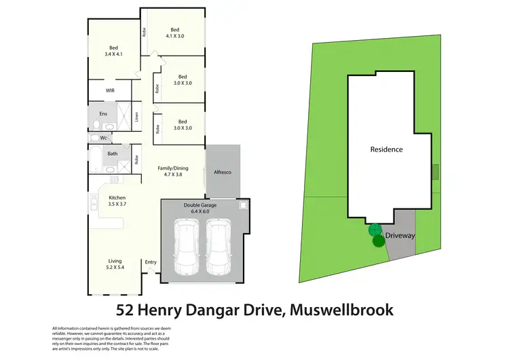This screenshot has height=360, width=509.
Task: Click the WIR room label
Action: click(x=110, y=90)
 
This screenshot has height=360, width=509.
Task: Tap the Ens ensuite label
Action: click(x=103, y=113)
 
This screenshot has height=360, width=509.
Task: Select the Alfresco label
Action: click(x=222, y=173)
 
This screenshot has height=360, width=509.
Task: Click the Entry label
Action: click(x=151, y=262)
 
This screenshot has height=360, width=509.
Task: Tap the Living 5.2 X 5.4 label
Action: click(x=114, y=264)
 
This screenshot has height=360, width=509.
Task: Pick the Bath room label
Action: click(x=112, y=154)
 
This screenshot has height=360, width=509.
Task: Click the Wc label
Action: click(x=103, y=138)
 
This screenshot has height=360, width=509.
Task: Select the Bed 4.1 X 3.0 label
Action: click(x=174, y=33)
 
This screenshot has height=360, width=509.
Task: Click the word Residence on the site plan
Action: click(x=386, y=149)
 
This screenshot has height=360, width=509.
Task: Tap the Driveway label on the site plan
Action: click(x=400, y=236)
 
